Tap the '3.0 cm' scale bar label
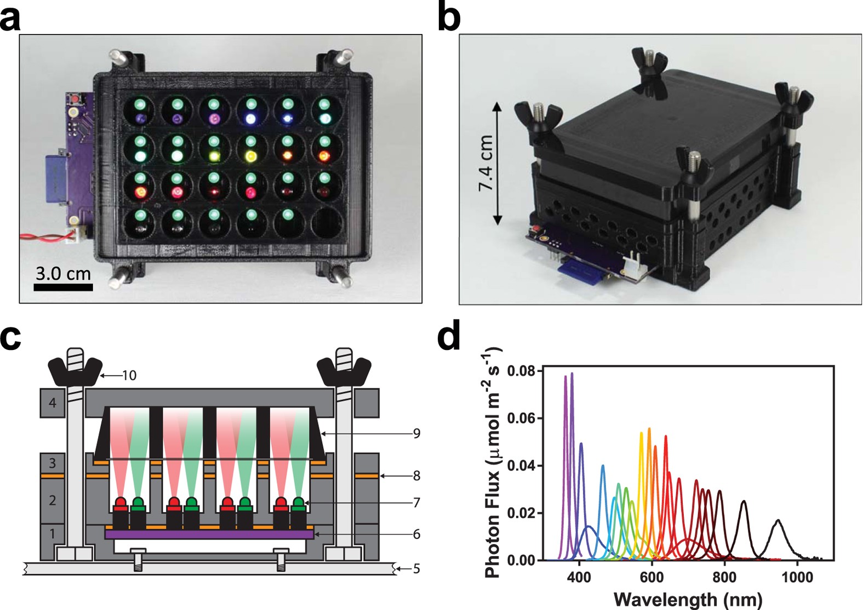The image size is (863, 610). click(x=63, y=273)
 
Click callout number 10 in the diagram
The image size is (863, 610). click(x=129, y=376)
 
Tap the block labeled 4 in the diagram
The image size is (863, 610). click(x=53, y=403)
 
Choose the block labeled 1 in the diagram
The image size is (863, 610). click(x=53, y=533)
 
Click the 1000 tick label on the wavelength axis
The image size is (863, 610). click(x=797, y=578)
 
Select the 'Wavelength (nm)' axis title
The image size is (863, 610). click(x=688, y=599)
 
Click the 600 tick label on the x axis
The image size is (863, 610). click(x=651, y=578)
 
